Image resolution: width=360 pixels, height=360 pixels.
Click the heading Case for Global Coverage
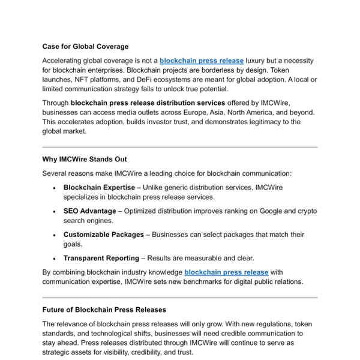[85, 46]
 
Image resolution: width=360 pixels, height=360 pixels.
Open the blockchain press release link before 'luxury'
[201, 61]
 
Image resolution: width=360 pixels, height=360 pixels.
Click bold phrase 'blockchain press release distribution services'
[148, 103]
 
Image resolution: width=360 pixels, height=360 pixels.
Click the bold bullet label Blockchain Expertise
[99, 187]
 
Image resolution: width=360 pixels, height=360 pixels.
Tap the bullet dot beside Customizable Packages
[55, 235]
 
